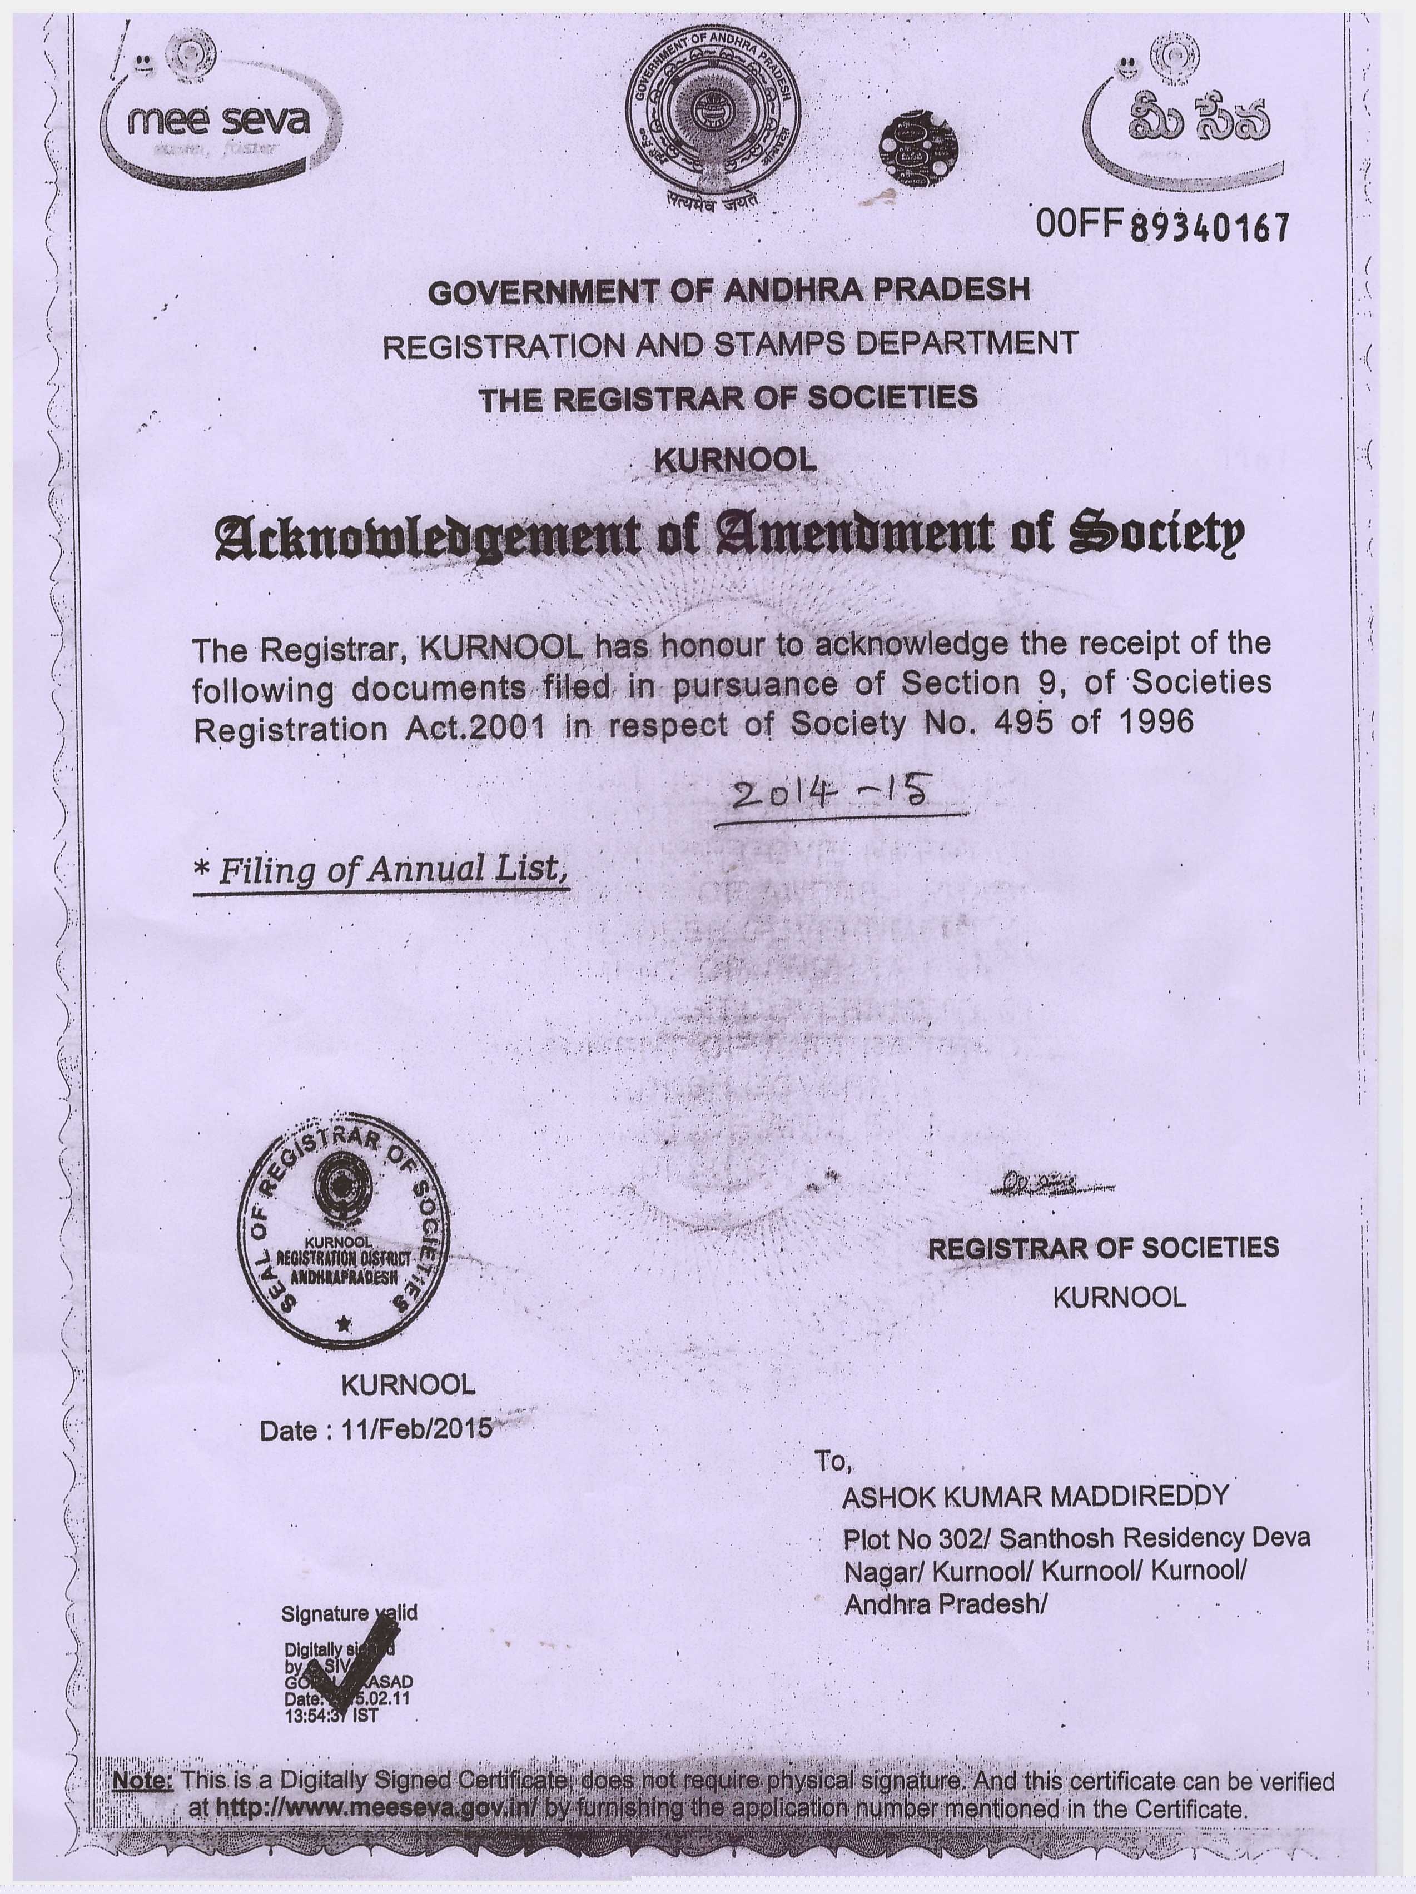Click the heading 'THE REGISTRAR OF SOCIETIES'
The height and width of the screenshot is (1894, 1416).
pyautogui.click(x=728, y=398)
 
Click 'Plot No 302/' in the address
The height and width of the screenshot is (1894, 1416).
pyautogui.click(x=917, y=1539)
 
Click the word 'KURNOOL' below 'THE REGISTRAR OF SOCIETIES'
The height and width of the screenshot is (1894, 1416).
pyautogui.click(x=734, y=461)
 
